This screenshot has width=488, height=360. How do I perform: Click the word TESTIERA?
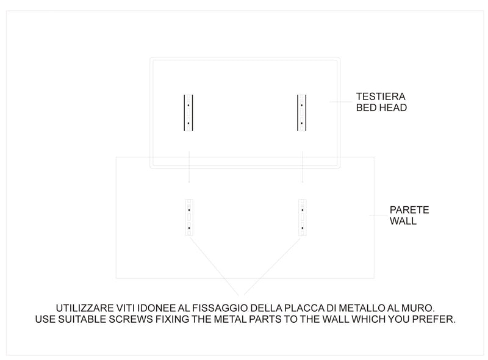[381, 96]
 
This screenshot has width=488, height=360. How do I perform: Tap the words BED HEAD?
[381, 107]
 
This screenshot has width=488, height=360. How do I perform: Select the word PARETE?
[409, 210]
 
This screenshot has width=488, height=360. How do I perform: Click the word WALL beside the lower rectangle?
[403, 221]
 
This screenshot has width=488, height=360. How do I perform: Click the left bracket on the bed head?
[189, 113]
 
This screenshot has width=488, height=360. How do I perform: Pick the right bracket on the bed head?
[301, 113]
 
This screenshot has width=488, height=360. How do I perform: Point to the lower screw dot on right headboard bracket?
[301, 123]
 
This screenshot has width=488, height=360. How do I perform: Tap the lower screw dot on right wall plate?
[301, 228]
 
